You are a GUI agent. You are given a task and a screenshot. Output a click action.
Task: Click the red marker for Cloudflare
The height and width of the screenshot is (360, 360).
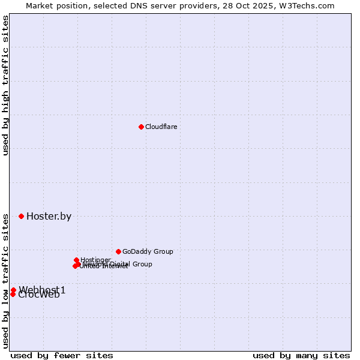tap(141, 127)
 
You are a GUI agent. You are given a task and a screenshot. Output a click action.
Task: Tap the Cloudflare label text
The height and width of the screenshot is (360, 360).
tap(161, 127)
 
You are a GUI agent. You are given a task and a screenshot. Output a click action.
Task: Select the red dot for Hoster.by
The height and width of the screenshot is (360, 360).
tap(21, 216)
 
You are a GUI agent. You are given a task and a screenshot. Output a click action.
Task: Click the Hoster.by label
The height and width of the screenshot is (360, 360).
tap(49, 217)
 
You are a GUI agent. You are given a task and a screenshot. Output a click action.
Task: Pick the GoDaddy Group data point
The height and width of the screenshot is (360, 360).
tap(118, 251)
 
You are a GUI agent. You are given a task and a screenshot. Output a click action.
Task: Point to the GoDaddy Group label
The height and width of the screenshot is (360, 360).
tap(148, 252)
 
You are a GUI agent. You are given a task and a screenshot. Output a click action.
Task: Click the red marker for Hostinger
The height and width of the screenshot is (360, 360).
tap(76, 260)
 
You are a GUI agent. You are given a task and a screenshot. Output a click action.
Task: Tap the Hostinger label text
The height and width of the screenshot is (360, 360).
tap(96, 260)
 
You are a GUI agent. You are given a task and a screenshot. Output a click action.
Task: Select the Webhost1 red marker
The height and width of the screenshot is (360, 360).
tap(13, 290)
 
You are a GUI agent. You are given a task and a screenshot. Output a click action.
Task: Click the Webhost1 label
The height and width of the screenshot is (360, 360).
tap(42, 290)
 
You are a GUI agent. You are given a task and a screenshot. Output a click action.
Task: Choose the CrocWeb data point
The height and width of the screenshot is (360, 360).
tap(13, 294)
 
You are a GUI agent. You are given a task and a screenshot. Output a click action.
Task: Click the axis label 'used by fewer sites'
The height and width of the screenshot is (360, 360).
tap(62, 355)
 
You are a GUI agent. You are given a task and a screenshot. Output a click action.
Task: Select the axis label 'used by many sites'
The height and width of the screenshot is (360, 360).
tap(301, 355)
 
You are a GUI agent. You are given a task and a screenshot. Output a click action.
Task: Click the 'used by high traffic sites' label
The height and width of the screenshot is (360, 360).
tap(5, 85)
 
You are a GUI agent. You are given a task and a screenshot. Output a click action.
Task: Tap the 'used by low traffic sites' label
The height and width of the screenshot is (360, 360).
tap(5, 281)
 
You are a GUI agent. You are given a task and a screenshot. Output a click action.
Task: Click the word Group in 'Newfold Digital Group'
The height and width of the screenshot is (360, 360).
tap(142, 264)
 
